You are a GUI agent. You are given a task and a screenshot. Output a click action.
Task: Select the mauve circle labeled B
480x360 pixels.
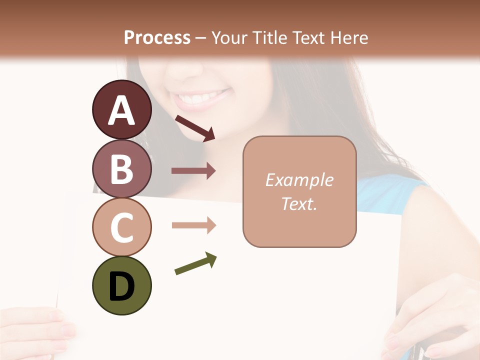122,168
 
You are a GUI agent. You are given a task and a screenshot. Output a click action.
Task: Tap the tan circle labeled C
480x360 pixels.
122,226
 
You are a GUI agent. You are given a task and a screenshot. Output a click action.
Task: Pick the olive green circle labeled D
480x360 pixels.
122,285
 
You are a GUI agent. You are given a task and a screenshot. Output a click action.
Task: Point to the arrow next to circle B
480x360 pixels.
193,171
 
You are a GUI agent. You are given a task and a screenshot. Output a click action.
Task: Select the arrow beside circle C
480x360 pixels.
193,225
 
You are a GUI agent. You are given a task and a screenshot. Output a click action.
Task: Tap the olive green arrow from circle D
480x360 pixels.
195,263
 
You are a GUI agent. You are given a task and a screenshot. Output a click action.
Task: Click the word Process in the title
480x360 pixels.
157,37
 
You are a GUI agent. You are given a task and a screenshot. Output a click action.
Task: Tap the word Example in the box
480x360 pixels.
299,180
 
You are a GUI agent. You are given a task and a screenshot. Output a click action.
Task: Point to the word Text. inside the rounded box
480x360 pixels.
299,204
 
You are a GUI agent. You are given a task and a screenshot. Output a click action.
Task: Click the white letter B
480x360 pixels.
122,169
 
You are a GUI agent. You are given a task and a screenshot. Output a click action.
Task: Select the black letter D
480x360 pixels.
122,286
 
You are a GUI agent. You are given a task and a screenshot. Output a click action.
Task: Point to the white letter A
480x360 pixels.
122,110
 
